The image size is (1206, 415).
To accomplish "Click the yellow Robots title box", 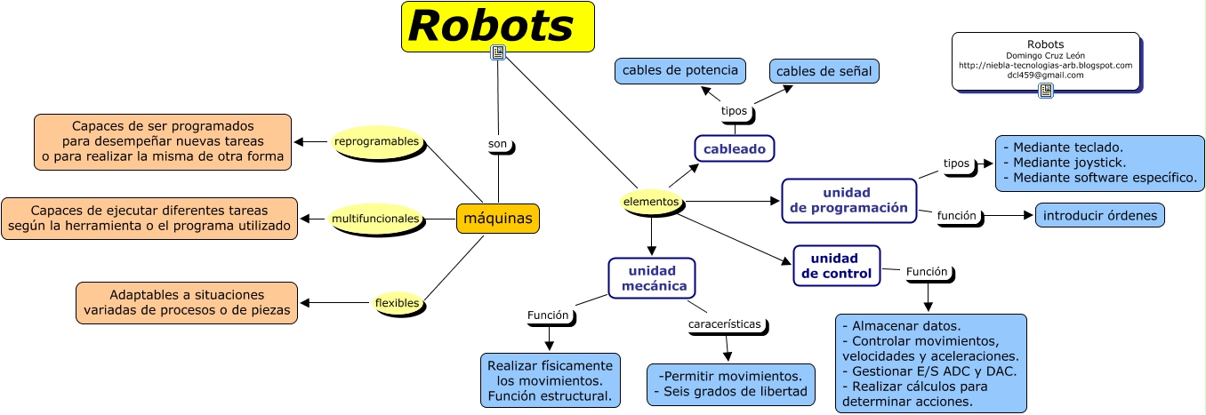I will click(497, 26).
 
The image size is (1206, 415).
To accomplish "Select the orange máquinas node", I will click(498, 218).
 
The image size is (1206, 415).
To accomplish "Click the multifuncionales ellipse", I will click(374, 218).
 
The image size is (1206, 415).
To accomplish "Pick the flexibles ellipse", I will click(397, 303).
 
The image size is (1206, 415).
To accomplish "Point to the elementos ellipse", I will click(651, 203).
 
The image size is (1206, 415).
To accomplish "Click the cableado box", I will click(735, 149).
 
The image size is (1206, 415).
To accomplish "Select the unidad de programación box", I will click(848, 201).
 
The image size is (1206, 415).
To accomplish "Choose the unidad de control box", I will click(836, 266).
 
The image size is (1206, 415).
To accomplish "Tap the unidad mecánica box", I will click(652, 278).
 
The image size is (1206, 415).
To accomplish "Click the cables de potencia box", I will click(680, 71).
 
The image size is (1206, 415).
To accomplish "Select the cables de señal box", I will click(824, 71).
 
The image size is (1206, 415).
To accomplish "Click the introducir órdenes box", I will click(1099, 215).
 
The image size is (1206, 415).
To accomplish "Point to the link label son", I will click(498, 144).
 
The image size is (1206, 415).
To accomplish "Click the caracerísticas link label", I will click(725, 324).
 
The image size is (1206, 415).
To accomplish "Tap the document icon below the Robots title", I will click(498, 53).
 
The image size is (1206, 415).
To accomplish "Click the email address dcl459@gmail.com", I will click(1045, 76).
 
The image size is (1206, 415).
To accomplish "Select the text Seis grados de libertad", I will click(730, 391).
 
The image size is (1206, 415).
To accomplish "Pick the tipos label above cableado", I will click(735, 112).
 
